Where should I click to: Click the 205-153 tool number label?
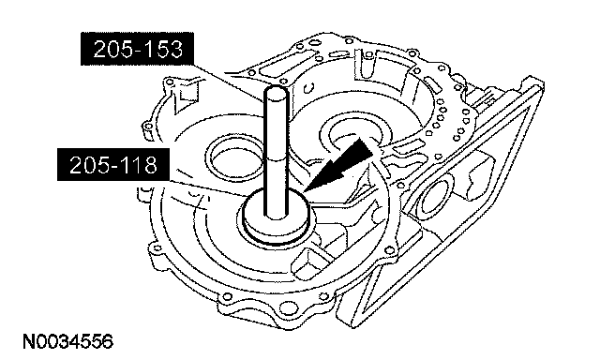click(137, 49)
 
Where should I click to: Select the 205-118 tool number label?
click(113, 164)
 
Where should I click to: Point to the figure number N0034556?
click(68, 341)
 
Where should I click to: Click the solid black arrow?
click(337, 164)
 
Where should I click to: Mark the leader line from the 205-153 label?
click(229, 82)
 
